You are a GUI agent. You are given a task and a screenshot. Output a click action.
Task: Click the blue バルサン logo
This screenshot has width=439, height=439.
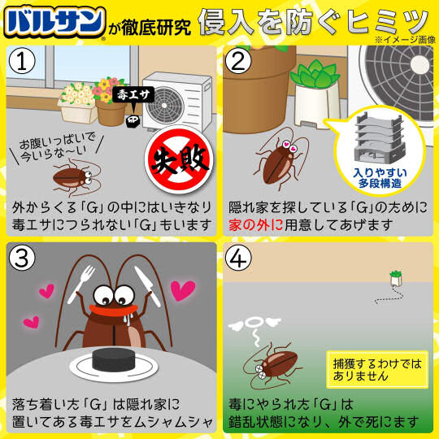pyautogui.click(x=55, y=23)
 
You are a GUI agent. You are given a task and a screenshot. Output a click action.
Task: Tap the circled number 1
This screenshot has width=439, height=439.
pyautogui.click(x=22, y=61)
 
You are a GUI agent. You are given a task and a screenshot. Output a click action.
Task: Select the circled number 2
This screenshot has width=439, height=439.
pyautogui.click(x=238, y=61)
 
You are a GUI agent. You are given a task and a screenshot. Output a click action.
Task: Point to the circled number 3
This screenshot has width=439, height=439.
pyautogui.click(x=22, y=258)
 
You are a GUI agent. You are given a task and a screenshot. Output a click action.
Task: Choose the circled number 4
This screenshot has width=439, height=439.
pyautogui.click(x=238, y=258)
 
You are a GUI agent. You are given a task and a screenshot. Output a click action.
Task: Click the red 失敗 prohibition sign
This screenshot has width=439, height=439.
pyautogui.click(x=180, y=160)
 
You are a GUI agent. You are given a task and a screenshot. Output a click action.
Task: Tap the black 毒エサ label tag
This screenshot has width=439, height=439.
pyautogui.click(x=133, y=94)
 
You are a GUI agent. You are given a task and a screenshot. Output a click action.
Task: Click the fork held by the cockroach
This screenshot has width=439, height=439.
pyautogui.click(x=81, y=284)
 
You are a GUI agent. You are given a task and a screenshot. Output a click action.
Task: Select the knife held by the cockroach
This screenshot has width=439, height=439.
pyautogui.click(x=147, y=285)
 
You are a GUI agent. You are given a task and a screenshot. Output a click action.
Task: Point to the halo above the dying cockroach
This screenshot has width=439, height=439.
pyautogui.click(x=254, y=323)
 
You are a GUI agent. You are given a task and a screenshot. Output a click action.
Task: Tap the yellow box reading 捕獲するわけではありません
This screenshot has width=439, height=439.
pyautogui.click(x=377, y=369)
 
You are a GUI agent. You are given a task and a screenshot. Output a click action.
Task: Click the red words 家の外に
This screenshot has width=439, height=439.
pyautogui.click(x=255, y=225)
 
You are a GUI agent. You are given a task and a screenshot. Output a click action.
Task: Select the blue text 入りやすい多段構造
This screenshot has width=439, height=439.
pyautogui.click(x=380, y=178)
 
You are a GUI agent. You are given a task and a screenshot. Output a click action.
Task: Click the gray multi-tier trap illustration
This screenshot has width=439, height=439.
pyautogui.click(x=380, y=137)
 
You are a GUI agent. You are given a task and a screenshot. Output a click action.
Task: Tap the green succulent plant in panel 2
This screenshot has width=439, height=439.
pyautogui.click(x=315, y=74)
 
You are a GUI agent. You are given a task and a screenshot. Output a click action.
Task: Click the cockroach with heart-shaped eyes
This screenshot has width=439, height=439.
pyautogui.click(x=280, y=159)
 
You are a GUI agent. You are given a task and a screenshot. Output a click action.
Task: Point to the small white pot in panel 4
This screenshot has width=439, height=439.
pyautogui.click(x=396, y=279)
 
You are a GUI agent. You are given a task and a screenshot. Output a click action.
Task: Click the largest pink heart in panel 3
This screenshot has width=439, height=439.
pyautogui.click(x=183, y=290)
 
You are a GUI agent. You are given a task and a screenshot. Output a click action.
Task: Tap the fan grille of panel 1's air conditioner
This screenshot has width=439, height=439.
pyautogui.click(x=166, y=105)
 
